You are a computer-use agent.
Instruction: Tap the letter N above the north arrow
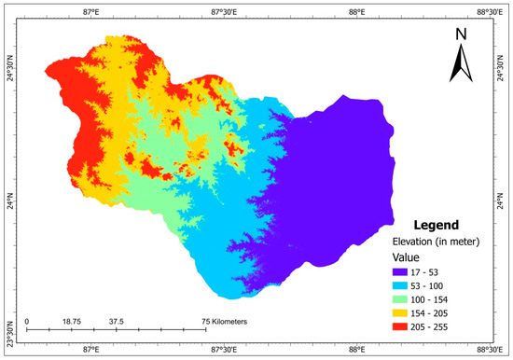[460, 35]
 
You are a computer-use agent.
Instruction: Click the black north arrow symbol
[460, 63]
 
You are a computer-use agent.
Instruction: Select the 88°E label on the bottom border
[358, 351]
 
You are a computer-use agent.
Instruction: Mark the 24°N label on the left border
[10, 199]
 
